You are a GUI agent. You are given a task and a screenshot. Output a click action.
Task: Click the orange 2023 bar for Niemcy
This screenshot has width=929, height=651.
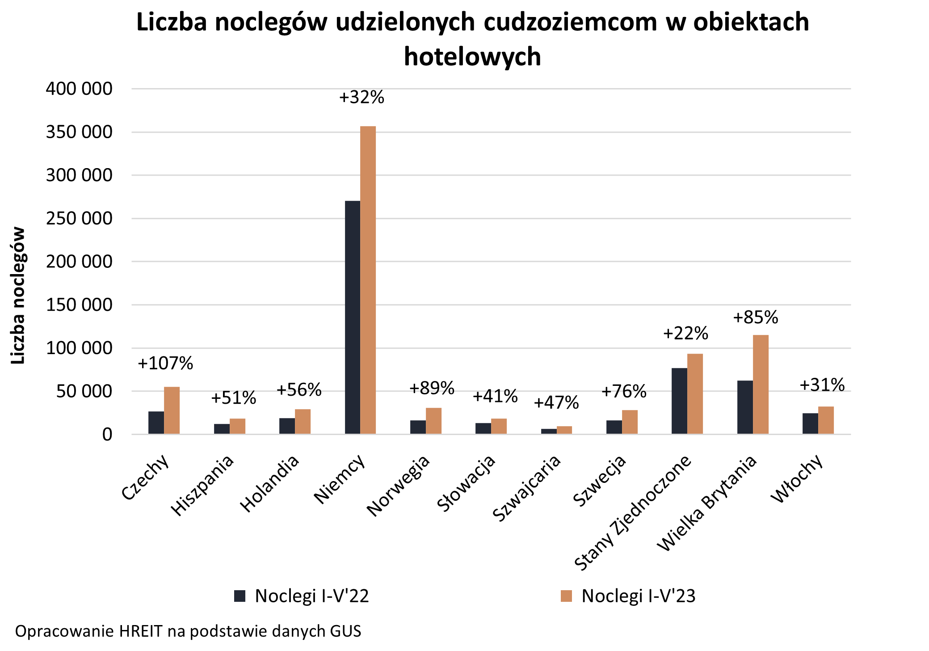(368, 280)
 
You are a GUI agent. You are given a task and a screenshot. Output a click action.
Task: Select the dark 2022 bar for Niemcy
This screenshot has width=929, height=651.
(353, 317)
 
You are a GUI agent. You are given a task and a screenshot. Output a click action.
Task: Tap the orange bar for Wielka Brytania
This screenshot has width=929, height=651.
(761, 385)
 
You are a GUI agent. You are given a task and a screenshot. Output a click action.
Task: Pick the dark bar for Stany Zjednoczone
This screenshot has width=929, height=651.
(679, 401)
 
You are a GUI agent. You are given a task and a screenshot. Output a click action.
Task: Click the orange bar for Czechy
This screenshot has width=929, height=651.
(172, 410)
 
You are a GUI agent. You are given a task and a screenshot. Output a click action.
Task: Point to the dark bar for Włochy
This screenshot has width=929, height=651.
(810, 423)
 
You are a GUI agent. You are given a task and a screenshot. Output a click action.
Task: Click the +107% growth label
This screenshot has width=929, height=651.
(165, 364)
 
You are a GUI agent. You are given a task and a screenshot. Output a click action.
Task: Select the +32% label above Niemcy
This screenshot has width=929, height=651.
(362, 97)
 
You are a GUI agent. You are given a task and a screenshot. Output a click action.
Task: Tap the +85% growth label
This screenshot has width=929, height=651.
(756, 317)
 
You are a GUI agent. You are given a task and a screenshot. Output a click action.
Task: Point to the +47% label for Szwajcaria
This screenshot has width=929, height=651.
(556, 403)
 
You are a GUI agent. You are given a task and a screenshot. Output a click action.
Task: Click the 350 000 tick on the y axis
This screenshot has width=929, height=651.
(79, 132)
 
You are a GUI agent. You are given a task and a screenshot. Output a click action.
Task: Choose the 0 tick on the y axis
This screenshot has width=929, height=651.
(107, 435)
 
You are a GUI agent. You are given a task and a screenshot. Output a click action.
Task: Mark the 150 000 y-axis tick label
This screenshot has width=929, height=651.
(79, 305)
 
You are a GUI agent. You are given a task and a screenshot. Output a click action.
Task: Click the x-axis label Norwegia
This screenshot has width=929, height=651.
(399, 486)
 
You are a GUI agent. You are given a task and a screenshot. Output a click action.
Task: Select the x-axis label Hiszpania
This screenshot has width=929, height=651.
(203, 486)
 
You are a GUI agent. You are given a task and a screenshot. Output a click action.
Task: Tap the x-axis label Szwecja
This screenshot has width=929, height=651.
(600, 482)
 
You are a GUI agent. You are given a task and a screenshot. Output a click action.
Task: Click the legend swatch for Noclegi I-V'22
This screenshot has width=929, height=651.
(240, 596)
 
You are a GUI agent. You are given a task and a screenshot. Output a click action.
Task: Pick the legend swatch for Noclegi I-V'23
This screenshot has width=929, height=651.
(566, 596)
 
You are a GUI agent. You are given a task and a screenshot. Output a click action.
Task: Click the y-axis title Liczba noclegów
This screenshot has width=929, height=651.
(18, 296)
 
